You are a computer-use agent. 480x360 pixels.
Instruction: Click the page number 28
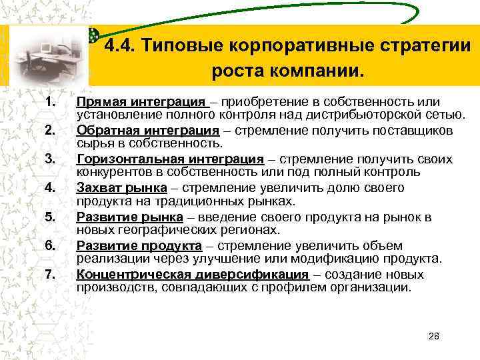(x=434, y=336)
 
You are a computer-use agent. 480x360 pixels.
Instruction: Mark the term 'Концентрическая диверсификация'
(x=193, y=275)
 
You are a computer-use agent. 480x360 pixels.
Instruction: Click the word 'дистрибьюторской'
(x=352, y=114)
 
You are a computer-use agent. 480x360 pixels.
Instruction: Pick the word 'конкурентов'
(x=113, y=171)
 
